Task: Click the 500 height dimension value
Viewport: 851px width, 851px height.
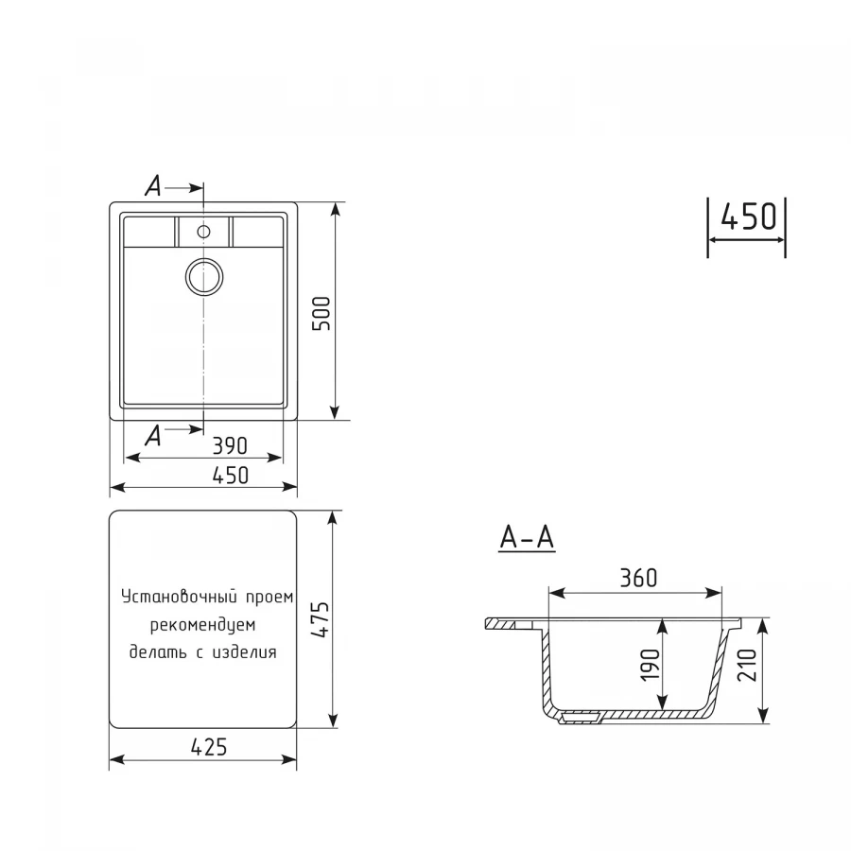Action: coord(321,313)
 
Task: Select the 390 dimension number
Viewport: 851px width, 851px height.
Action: coord(229,444)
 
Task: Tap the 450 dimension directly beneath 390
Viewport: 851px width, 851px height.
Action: coord(229,475)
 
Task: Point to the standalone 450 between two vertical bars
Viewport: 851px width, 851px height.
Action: coord(748,217)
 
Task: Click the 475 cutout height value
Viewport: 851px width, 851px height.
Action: coord(321,620)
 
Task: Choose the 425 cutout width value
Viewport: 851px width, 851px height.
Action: coord(209,747)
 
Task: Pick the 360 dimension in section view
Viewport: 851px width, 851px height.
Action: coord(638,578)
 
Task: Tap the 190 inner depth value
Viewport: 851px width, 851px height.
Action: coord(650,665)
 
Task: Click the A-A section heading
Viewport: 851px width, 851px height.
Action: coord(527,537)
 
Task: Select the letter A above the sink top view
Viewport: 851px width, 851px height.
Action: coord(153,187)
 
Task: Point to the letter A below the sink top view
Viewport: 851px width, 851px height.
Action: coord(153,436)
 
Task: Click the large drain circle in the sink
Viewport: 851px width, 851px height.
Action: coord(203,276)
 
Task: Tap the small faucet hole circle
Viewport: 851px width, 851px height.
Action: coord(203,230)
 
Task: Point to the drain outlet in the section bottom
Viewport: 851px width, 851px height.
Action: coord(579,719)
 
